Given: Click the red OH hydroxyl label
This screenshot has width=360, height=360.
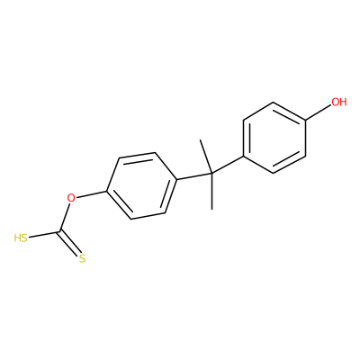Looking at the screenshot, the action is pyautogui.click(x=339, y=102).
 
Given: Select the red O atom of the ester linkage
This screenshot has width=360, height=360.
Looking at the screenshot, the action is pyautogui.click(x=71, y=198).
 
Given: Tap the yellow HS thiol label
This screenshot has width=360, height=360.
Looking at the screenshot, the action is pyautogui.click(x=21, y=238).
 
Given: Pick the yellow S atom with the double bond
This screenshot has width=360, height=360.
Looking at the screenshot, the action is pyautogui.click(x=83, y=258).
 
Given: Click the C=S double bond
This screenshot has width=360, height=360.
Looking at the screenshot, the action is pyautogui.click(x=71, y=243).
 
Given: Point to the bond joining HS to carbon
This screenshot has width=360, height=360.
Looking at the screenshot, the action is pyautogui.click(x=45, y=234).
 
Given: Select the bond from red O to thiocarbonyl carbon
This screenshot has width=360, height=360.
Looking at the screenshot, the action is pyautogui.click(x=65, y=217).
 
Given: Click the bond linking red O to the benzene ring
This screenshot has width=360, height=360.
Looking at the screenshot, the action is pyautogui.click(x=91, y=194).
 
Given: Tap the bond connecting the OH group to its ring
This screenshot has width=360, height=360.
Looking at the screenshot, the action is pyautogui.click(x=318, y=113).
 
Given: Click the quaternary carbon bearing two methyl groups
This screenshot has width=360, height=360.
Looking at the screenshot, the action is pyautogui.click(x=211, y=174).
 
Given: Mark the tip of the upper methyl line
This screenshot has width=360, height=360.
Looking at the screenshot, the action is pyautogui.click(x=200, y=139).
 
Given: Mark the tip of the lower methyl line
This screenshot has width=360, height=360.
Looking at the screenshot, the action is pyautogui.click(x=212, y=209).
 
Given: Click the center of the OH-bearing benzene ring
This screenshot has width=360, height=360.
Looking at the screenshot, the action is pyautogui.click(x=274, y=138).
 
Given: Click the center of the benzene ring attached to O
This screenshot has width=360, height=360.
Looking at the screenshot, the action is pyautogui.click(x=141, y=185).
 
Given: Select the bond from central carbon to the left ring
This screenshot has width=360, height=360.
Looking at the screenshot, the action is pyautogui.click(x=193, y=176).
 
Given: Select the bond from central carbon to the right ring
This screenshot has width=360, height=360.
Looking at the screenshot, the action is pyautogui.click(x=227, y=165).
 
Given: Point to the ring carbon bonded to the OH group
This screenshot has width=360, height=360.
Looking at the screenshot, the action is pyautogui.click(x=305, y=121).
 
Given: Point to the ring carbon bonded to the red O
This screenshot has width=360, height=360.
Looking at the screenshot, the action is pyautogui.click(x=107, y=191).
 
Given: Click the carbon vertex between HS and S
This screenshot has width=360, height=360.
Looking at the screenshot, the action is pyautogui.click(x=61, y=231).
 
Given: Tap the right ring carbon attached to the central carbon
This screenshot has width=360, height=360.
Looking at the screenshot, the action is pyautogui.click(x=243, y=156).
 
